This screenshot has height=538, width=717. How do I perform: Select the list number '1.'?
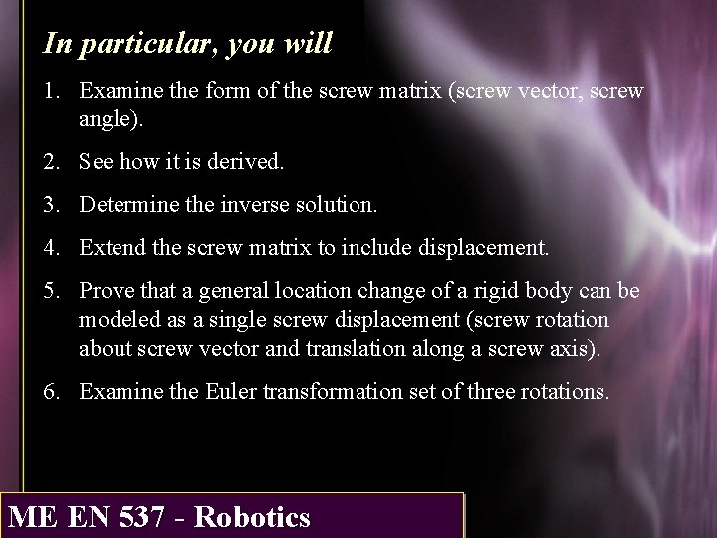[53, 91]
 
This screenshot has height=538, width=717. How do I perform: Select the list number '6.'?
[53, 390]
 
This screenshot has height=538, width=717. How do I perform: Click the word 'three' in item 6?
[492, 390]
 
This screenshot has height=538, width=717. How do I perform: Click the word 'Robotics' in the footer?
[253, 517]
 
